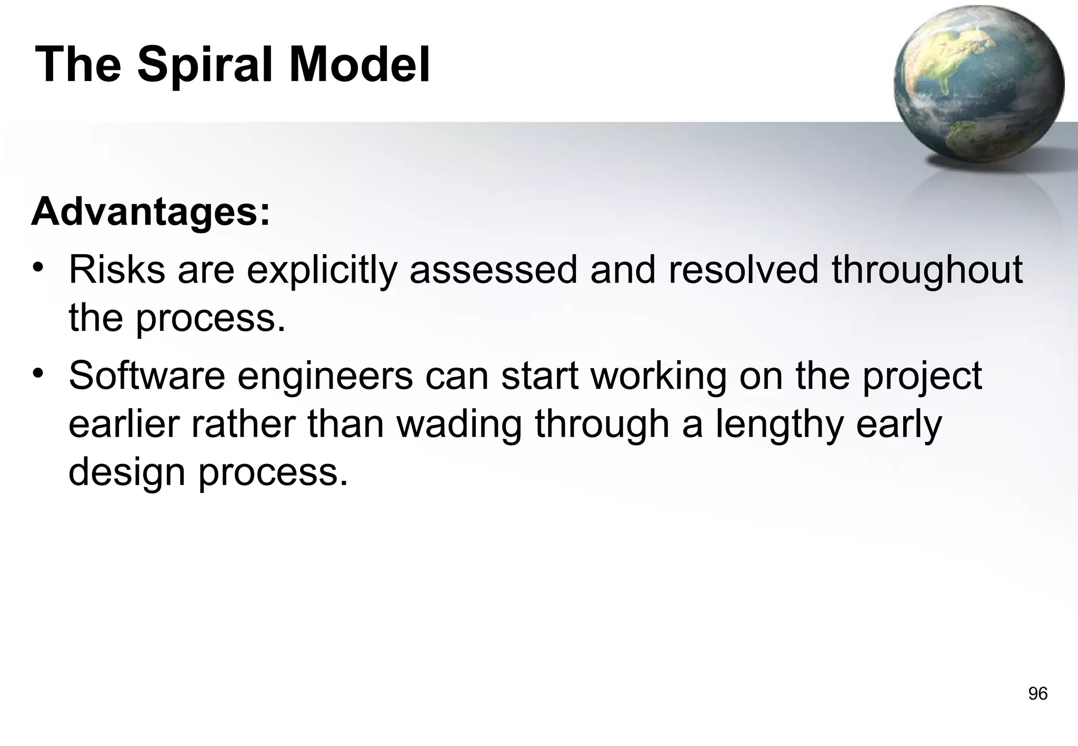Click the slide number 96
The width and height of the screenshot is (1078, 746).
pos(1037,694)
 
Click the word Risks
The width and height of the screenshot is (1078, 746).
pos(117,269)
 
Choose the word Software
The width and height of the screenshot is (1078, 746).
pos(147,376)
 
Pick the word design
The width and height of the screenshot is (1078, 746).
pos(127,472)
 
